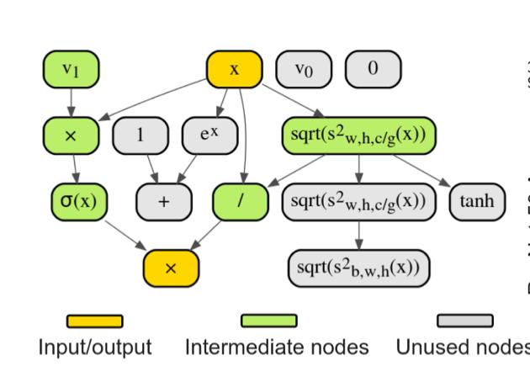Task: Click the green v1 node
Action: point(71,70)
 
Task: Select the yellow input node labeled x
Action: point(234,70)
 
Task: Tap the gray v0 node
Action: point(304,70)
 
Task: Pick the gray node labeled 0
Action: point(373,70)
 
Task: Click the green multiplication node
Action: point(71,135)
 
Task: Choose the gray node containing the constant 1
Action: point(140,135)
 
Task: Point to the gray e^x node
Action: point(209,135)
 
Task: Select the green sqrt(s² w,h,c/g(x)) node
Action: point(358,135)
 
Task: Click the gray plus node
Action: point(164,202)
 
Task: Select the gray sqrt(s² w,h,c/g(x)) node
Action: point(358,202)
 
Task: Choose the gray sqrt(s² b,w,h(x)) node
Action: point(358,267)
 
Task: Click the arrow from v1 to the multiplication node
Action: point(71,103)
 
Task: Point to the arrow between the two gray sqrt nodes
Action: point(358,235)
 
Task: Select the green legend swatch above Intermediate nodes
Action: point(268,321)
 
